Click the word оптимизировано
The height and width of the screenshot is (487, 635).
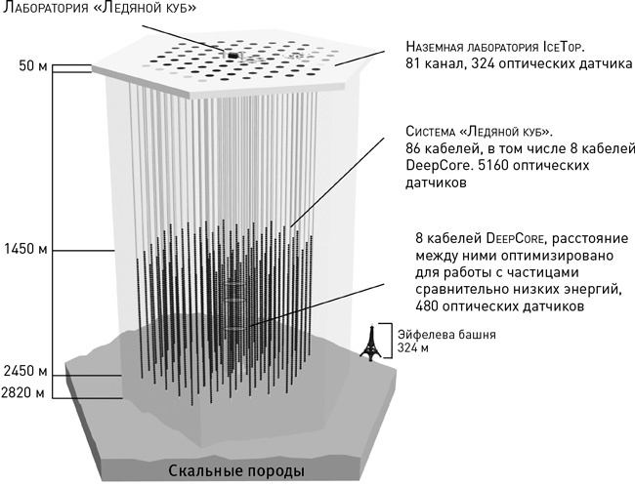pos(535,253)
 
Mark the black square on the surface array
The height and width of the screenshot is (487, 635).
pos(233,56)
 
